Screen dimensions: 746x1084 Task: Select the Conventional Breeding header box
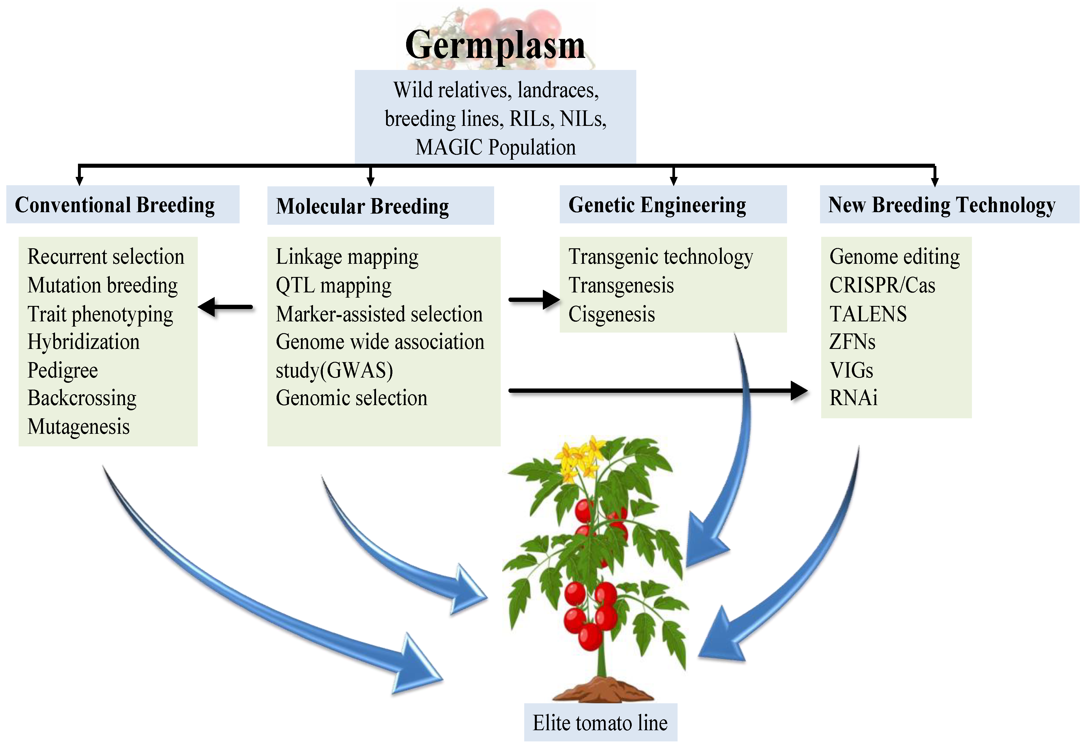pyautogui.click(x=122, y=205)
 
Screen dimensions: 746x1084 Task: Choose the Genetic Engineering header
pyautogui.click(x=673, y=205)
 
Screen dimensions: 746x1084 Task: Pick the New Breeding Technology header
pyautogui.click(x=948, y=205)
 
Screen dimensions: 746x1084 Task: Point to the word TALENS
pyautogui.click(x=868, y=314)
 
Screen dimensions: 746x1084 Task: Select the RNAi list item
pyautogui.click(x=853, y=398)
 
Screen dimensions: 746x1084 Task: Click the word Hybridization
pyautogui.click(x=83, y=342)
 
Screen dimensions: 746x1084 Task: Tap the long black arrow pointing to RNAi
pyautogui.click(x=654, y=390)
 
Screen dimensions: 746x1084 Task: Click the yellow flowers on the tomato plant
pyautogui.click(x=579, y=457)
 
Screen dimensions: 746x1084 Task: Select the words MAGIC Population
pyautogui.click(x=495, y=147)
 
